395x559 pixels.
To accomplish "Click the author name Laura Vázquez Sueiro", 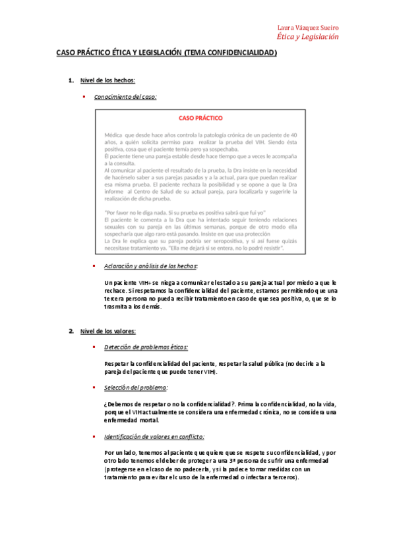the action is pyautogui.click(x=308, y=28).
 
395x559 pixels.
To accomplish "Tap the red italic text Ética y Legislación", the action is pyautogui.click(x=308, y=37).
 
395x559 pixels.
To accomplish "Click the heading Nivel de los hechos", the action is pyautogui.click(x=107, y=80).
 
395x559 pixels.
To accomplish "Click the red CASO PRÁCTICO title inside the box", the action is pyautogui.click(x=200, y=119).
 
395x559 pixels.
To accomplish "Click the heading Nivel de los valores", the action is pyautogui.click(x=107, y=331).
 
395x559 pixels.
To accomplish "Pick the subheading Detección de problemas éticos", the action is pyautogui.click(x=146, y=347).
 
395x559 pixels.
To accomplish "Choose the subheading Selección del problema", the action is pyautogui.click(x=135, y=387).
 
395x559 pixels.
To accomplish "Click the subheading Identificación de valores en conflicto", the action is pyautogui.click(x=154, y=436).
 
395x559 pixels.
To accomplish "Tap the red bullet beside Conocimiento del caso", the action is pyautogui.click(x=84, y=96).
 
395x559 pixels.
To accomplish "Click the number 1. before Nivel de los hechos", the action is pyautogui.click(x=71, y=80).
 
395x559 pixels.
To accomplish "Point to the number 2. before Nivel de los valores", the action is pyautogui.click(x=71, y=331).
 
